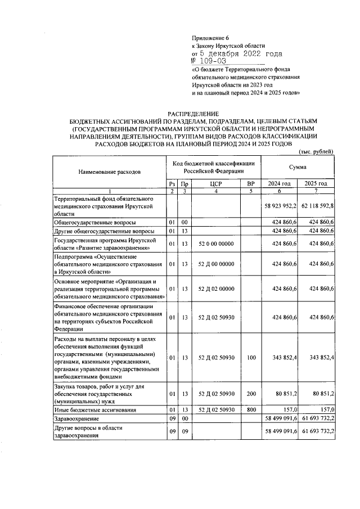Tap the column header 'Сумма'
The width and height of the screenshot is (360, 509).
pyautogui.click(x=298, y=167)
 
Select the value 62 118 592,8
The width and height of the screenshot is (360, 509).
pyautogui.click(x=317, y=206)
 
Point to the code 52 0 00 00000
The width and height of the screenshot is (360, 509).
pyautogui.click(x=217, y=244)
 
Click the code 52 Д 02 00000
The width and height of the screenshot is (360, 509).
pyautogui.click(x=217, y=289)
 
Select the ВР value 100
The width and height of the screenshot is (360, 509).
pyautogui.click(x=251, y=358)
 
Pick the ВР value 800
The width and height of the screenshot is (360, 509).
pyautogui.click(x=251, y=410)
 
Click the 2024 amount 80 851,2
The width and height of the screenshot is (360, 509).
pyautogui.click(x=285, y=394)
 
